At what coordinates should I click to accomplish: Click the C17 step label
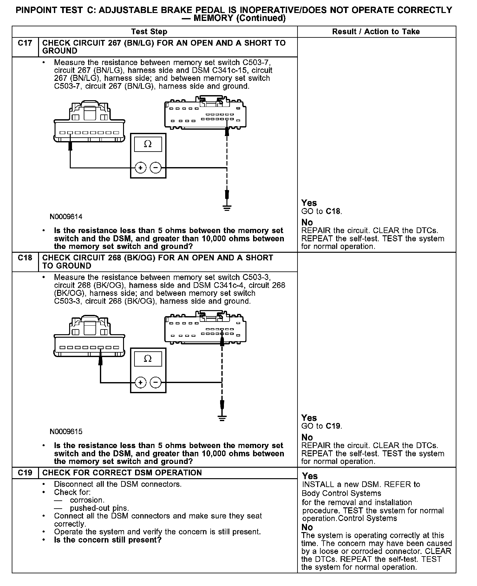tap(25, 43)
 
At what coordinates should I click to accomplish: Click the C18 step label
tap(25, 258)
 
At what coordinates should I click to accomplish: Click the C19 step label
tap(25, 473)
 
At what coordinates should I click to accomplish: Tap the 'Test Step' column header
tap(149, 32)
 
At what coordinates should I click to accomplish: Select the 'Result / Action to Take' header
tap(376, 32)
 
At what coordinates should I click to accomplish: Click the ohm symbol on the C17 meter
tap(148, 144)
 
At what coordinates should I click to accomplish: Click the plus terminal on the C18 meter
tap(140, 382)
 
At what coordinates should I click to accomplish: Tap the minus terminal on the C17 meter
tap(155, 167)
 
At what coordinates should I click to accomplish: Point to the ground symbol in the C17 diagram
tap(227, 208)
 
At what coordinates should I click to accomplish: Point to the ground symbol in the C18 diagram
tap(222, 418)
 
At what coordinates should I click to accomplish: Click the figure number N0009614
tap(66, 217)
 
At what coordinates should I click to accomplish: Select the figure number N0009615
tap(66, 432)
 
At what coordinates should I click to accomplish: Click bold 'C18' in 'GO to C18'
tap(334, 212)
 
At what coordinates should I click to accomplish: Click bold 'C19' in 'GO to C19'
tap(334, 426)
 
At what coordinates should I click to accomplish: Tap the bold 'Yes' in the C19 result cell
tap(310, 476)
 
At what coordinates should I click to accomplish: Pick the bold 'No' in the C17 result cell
tap(307, 222)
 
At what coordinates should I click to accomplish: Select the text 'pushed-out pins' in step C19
tap(99, 508)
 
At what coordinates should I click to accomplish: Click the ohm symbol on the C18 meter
tap(148, 359)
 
